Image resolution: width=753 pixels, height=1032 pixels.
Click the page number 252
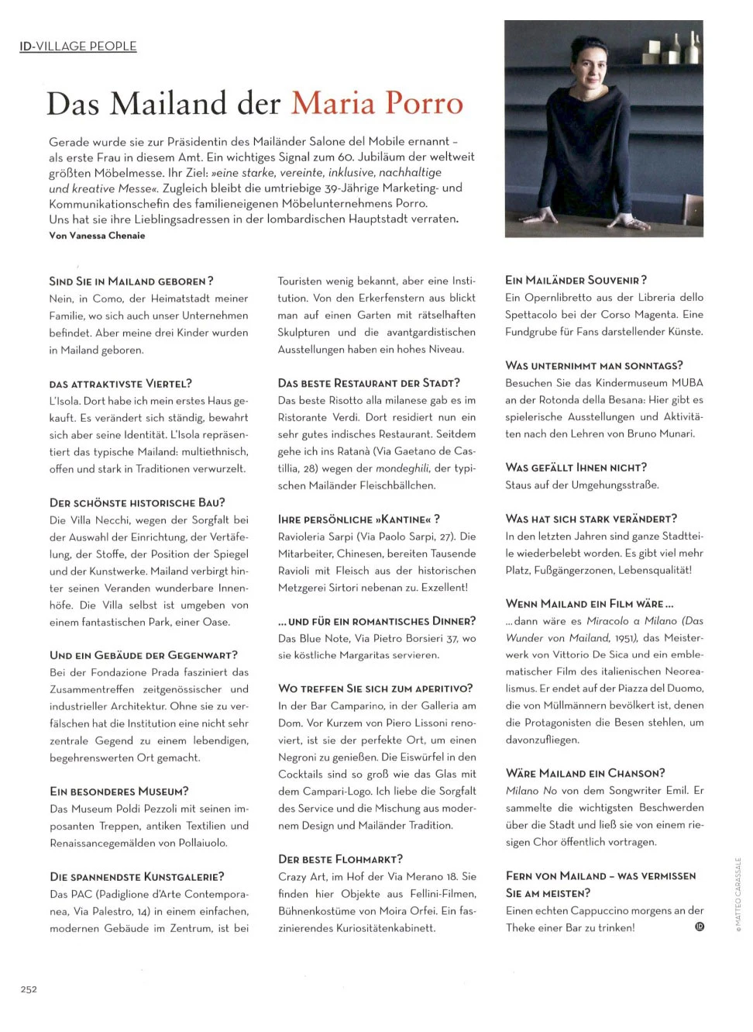click(29, 989)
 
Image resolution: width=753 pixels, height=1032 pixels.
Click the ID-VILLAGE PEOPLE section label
click(77, 47)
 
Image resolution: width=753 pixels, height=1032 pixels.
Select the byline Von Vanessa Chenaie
click(97, 236)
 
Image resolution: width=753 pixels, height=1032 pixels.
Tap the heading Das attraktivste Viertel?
click(120, 384)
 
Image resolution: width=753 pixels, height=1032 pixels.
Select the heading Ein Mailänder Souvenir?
click(576, 280)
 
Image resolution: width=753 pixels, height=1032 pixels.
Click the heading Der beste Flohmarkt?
click(340, 859)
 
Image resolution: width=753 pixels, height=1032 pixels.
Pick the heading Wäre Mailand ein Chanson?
click(585, 773)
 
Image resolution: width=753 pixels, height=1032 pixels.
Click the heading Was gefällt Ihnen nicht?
click(576, 468)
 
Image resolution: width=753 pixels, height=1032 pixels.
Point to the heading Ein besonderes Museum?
click(119, 792)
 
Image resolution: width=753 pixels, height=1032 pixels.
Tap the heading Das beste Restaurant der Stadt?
click(369, 383)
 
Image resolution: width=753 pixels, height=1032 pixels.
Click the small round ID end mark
click(699, 927)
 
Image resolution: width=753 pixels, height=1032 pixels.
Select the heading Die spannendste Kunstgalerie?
click(136, 877)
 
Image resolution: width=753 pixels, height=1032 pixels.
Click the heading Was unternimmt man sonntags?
click(593, 365)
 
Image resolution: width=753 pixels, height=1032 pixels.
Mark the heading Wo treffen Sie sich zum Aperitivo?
click(375, 689)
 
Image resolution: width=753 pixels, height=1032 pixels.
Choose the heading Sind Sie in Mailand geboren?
click(131, 281)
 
